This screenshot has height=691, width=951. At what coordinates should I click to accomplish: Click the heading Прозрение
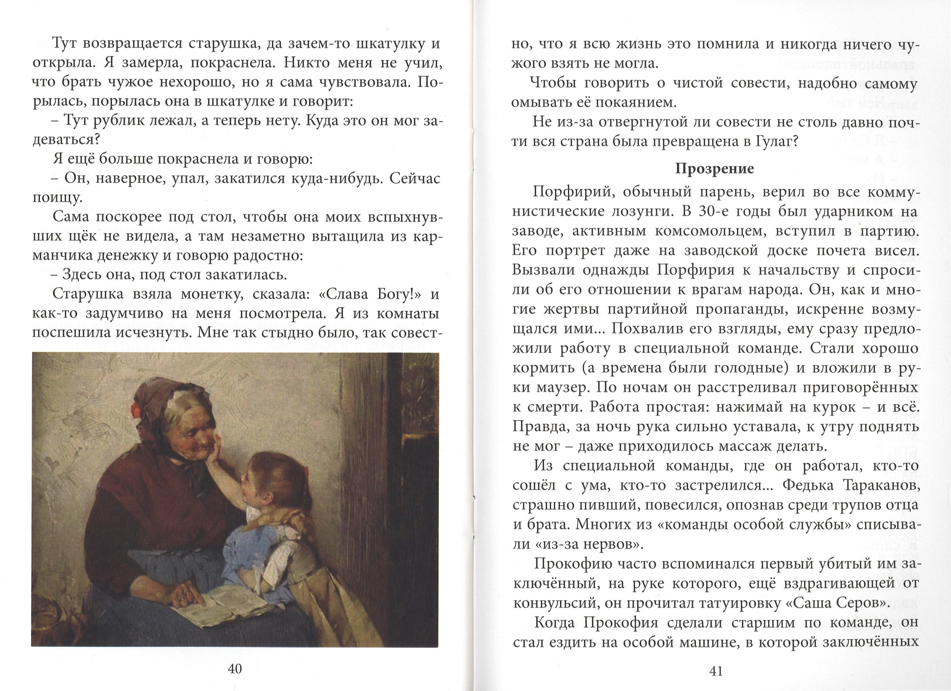[x=714, y=169]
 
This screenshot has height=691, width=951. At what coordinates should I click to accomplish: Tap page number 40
[x=235, y=669]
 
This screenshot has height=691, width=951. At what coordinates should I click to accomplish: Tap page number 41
[x=716, y=671]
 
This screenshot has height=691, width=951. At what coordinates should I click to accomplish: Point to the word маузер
[x=561, y=388]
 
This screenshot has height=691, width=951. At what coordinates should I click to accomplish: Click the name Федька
[x=806, y=486]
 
